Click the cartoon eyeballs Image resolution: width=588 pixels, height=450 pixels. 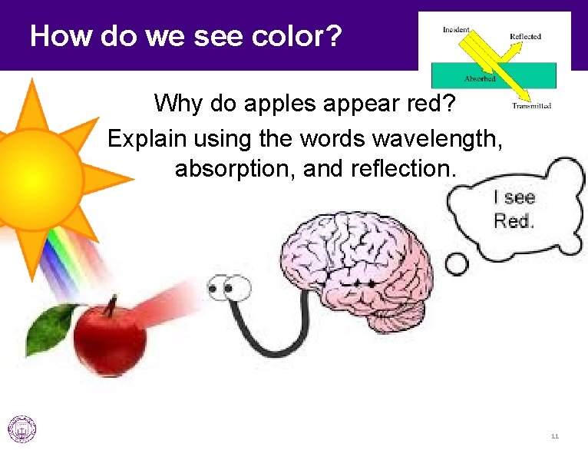228,289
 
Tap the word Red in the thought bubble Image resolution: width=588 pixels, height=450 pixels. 514,221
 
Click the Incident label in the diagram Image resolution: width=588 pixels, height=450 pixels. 456,30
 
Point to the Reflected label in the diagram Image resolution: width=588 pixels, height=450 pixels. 525,36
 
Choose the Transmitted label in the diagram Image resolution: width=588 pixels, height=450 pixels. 531,105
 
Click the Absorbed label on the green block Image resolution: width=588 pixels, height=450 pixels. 480,78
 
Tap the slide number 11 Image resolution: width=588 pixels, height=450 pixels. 554,436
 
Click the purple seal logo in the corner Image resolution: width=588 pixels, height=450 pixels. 21,428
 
